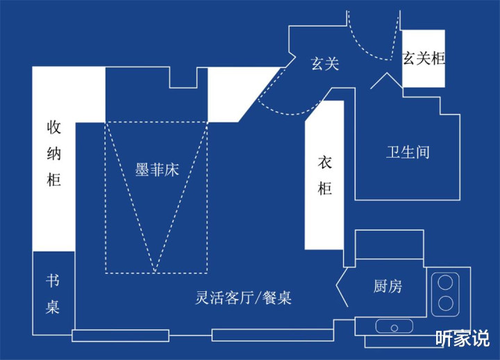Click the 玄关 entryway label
point(324,64)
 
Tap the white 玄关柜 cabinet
point(424,59)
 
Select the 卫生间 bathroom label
point(408,152)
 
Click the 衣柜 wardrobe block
point(324,175)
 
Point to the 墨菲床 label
point(157,170)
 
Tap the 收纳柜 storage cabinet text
point(54,154)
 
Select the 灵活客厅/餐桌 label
point(242,298)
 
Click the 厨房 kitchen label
point(387,286)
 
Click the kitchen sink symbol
point(394,325)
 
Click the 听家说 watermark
point(462,338)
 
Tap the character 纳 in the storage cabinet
point(54,154)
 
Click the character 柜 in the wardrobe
point(324,188)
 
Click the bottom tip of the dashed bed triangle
point(156,272)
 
